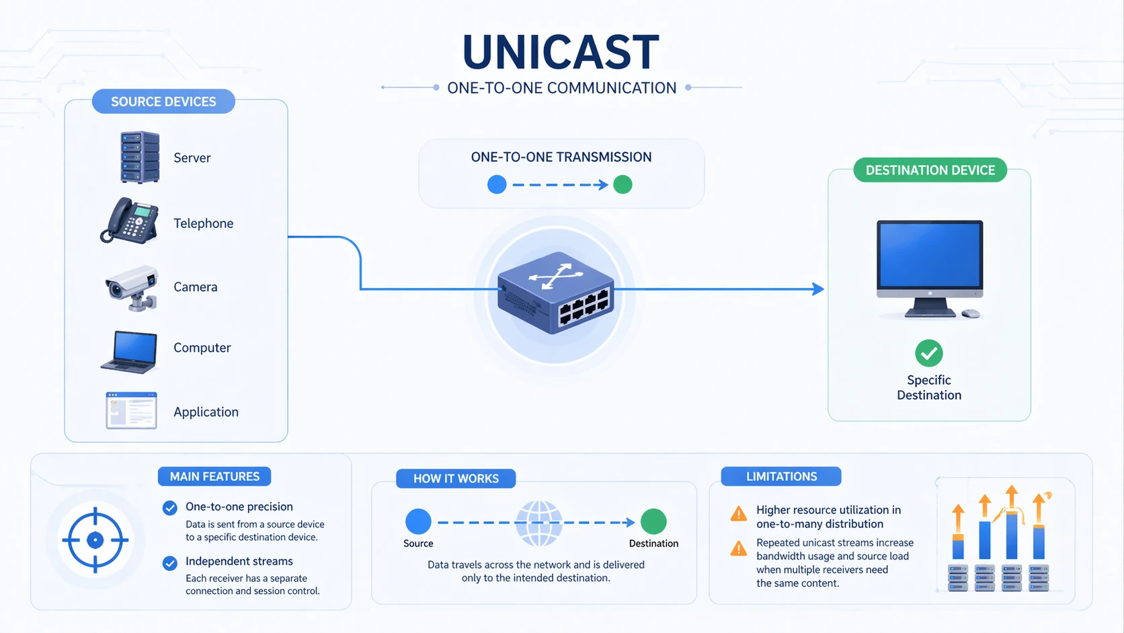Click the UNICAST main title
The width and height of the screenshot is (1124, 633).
[x=561, y=52]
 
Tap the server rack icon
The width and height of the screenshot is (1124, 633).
[x=140, y=157]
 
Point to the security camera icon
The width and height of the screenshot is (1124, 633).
[x=132, y=288]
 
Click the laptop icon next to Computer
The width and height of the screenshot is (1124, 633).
[x=130, y=350]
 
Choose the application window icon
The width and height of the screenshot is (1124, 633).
[x=131, y=410]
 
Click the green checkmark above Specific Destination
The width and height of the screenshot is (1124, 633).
[x=928, y=353]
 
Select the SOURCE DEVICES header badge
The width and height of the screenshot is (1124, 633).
[x=163, y=102]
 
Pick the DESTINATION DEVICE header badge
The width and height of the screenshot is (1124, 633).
[x=930, y=170]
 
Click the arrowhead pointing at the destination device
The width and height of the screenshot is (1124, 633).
[x=818, y=289]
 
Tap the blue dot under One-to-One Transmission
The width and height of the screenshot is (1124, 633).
[x=497, y=184]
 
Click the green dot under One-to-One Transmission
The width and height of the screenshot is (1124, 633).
[x=623, y=184]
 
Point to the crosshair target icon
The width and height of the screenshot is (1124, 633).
[x=95, y=539]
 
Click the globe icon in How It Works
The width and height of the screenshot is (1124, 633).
[x=538, y=523]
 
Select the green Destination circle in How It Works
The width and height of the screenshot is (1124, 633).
[x=653, y=521]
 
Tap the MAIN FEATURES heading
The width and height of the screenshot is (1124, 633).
[x=214, y=476]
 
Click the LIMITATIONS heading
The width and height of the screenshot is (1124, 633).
[x=781, y=476]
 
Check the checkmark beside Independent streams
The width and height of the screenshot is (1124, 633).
[x=170, y=562]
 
